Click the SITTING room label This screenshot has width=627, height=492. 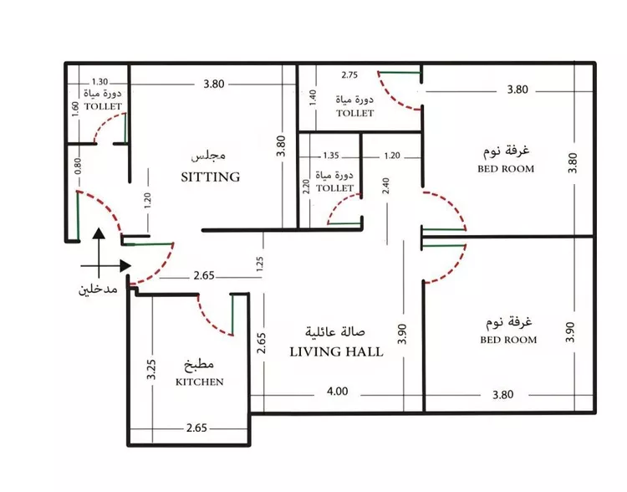tap(211, 177)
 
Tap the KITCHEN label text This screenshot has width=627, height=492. tap(200, 382)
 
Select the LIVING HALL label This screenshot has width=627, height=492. tap(336, 352)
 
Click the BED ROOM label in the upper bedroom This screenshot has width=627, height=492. tap(506, 168)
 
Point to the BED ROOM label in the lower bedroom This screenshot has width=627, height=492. tap(508, 340)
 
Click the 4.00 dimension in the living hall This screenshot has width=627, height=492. tap(338, 391)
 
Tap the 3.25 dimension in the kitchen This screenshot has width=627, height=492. tap(151, 370)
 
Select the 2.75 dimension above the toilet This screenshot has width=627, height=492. tap(350, 74)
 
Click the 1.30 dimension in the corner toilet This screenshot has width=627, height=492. tap(99, 82)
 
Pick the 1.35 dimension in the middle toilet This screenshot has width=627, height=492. tap(331, 156)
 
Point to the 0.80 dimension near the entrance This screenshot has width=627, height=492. tap(77, 167)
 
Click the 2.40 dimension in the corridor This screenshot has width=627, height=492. tap(386, 186)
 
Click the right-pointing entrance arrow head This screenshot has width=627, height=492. tap(125, 265)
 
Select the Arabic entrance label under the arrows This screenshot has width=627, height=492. tap(98, 289)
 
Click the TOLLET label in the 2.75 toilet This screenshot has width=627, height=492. tap(355, 113)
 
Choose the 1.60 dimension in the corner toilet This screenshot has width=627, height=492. tap(75, 109)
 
